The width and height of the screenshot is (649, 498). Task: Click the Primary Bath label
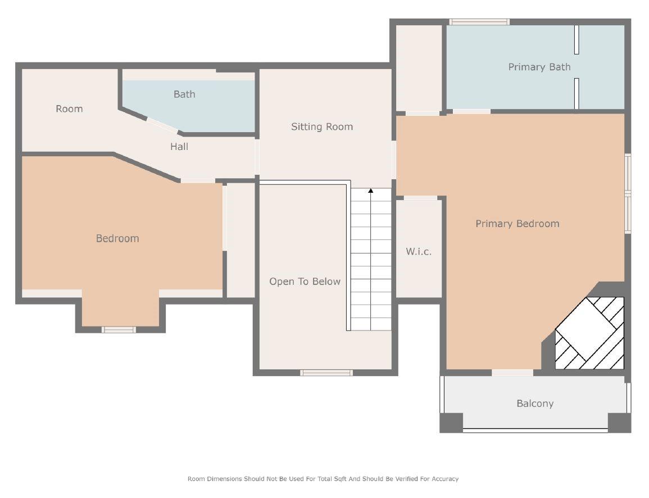point(539,67)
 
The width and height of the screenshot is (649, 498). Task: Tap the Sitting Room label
point(322,126)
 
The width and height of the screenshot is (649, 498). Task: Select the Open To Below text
point(305,282)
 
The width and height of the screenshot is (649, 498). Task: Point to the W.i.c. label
point(419,251)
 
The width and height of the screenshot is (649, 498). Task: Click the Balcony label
point(535,404)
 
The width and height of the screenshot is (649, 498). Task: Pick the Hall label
point(179,147)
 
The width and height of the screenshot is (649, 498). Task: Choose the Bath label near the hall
point(184,94)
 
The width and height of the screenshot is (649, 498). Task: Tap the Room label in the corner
point(69,109)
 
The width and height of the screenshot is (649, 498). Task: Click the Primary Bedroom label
point(518,224)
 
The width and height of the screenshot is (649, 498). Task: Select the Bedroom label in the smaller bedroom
point(117,238)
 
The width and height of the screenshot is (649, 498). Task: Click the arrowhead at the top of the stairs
point(371,191)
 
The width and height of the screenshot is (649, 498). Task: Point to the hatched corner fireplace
point(589,333)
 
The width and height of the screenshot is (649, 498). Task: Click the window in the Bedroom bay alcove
point(119,330)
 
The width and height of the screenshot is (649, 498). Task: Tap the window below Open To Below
point(326,373)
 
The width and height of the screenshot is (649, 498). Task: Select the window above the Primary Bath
point(479,22)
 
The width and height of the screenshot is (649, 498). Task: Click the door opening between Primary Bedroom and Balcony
point(512,373)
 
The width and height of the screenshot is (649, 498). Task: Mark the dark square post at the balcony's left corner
point(451,423)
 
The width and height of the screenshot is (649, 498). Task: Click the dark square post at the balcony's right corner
point(620,423)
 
